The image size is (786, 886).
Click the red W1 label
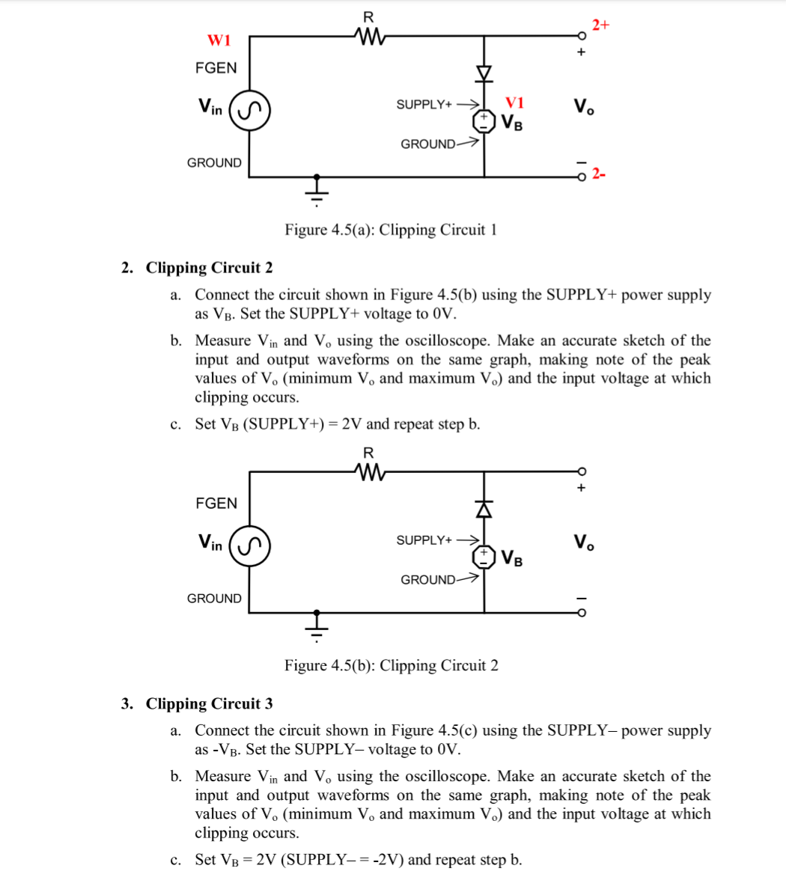[219, 40]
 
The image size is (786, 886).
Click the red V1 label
[515, 103]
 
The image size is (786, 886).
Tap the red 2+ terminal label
[601, 25]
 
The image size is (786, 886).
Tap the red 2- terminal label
[600, 175]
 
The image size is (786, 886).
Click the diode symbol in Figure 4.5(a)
[484, 73]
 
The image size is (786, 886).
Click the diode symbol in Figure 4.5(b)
[484, 509]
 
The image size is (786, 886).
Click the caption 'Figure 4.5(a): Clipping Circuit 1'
[391, 230]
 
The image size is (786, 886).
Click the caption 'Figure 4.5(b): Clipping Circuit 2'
[391, 665]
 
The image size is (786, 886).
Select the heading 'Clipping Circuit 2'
[209, 268]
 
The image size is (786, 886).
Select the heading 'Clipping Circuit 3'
[209, 703]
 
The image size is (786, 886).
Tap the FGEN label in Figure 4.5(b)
[216, 504]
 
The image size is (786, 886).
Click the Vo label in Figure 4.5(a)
[584, 106]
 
